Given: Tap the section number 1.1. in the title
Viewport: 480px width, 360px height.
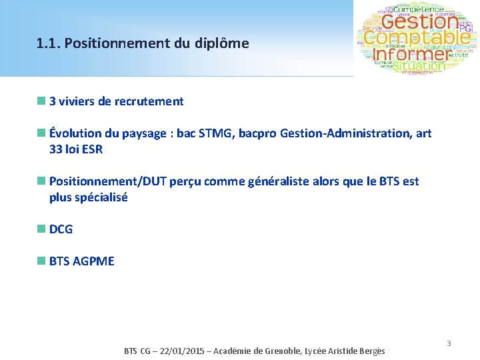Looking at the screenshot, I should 49,44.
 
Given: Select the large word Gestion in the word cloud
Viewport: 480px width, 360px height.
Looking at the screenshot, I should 419,22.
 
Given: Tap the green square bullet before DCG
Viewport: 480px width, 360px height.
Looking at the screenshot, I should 41,229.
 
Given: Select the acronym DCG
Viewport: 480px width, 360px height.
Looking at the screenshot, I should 61,229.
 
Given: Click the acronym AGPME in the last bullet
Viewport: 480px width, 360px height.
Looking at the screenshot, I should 94,261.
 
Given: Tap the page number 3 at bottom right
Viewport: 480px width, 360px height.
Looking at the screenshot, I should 449,343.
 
